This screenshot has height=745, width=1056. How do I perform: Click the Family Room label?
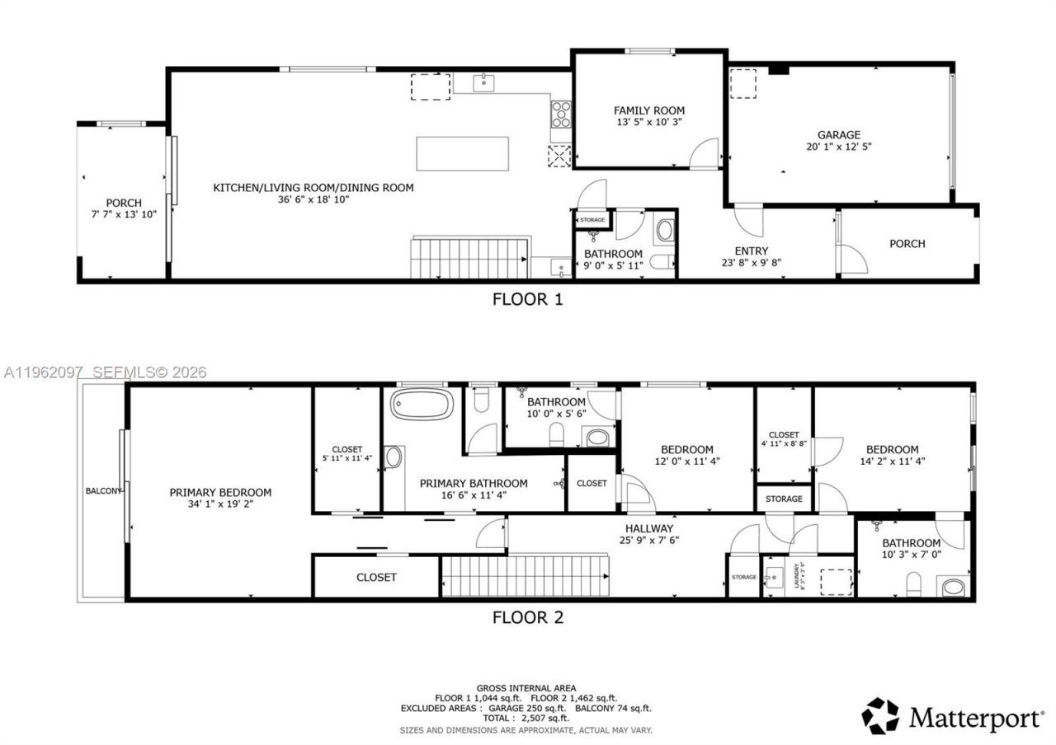[648, 110]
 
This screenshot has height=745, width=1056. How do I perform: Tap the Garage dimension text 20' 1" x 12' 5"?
[838, 147]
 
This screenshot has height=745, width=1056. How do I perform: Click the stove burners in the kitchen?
[561, 112]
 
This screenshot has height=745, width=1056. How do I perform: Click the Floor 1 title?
[527, 299]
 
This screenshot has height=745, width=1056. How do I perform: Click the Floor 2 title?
[527, 616]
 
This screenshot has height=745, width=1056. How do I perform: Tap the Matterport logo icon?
[881, 716]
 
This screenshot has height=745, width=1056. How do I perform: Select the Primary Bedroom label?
[220, 492]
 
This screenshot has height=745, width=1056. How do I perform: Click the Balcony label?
[102, 491]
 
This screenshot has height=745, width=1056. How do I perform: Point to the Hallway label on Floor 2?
[648, 528]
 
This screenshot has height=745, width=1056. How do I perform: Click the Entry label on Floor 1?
[751, 251]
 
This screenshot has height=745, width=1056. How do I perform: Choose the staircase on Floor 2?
[525, 575]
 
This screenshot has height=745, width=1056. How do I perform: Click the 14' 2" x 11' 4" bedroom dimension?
[892, 462]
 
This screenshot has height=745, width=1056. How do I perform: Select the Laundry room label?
[797, 575]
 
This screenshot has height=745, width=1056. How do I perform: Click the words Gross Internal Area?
[526, 688]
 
